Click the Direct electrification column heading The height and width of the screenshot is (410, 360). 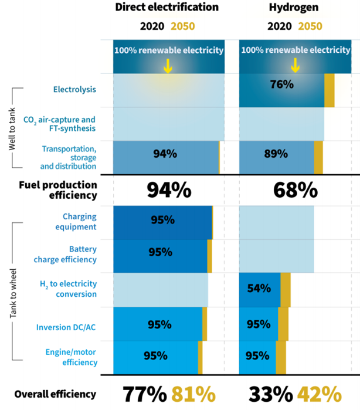coord(167,7)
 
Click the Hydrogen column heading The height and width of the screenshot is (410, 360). coord(294,8)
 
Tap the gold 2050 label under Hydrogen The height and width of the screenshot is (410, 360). coord(310,26)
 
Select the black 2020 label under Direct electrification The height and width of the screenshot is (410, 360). coord(152,26)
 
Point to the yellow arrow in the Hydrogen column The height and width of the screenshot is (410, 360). coord(295,65)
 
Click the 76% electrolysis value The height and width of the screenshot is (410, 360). coord(282,84)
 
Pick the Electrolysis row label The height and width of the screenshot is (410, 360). coord(74,89)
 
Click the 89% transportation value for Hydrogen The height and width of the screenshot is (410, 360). coord(276,154)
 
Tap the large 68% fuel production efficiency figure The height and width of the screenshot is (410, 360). coord(296,190)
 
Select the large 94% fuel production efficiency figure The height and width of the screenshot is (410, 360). coord(169,190)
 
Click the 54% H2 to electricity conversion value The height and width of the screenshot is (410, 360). coord(259,289)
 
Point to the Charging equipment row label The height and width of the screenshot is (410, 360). coord(76,222)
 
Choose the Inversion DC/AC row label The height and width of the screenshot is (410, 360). coord(66,327)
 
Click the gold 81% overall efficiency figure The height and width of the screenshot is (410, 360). coord(193,394)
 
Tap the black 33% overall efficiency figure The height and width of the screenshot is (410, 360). coord(271,394)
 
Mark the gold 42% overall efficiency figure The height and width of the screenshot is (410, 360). coord(320,394)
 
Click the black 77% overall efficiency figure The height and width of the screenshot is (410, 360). coord(145,394)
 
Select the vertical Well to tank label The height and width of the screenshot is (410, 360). coord(12,129)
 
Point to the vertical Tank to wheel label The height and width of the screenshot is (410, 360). coord(13,293)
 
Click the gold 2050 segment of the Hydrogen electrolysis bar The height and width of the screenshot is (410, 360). coord(330,90)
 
